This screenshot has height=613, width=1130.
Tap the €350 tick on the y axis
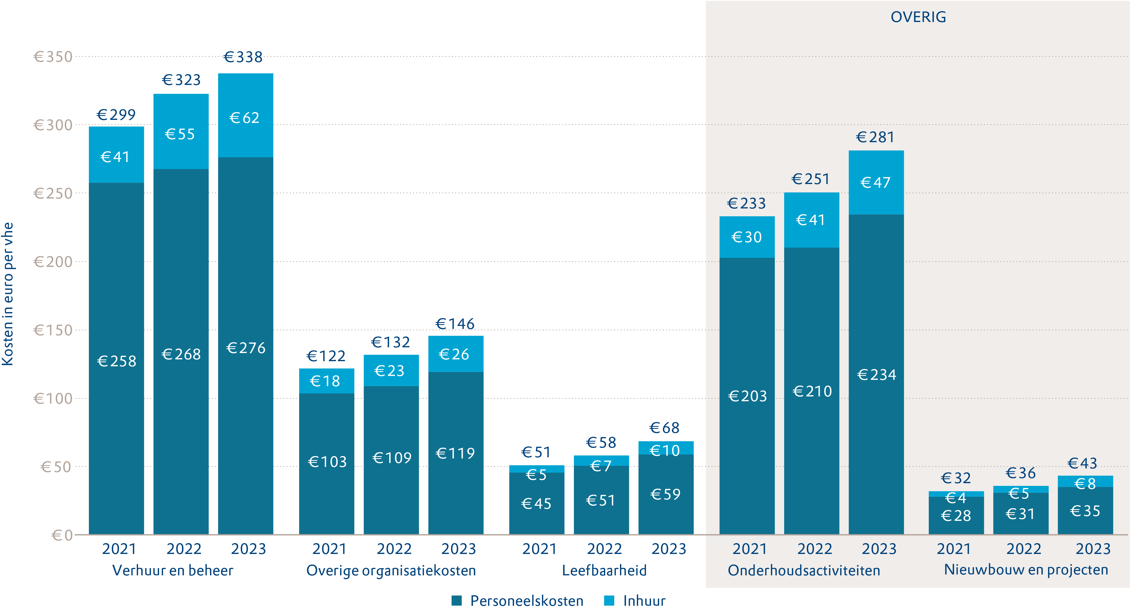53,57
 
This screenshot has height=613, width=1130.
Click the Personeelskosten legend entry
518,601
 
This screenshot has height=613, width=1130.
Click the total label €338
243,57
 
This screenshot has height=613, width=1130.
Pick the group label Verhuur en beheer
173,571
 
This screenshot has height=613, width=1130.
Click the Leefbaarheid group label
604,571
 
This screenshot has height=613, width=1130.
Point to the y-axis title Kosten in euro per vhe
8,294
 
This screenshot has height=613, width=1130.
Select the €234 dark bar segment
876,374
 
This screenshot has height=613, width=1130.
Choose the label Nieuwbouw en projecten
1025,570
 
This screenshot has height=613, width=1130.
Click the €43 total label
1082,463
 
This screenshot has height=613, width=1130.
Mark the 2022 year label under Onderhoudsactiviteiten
814,549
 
